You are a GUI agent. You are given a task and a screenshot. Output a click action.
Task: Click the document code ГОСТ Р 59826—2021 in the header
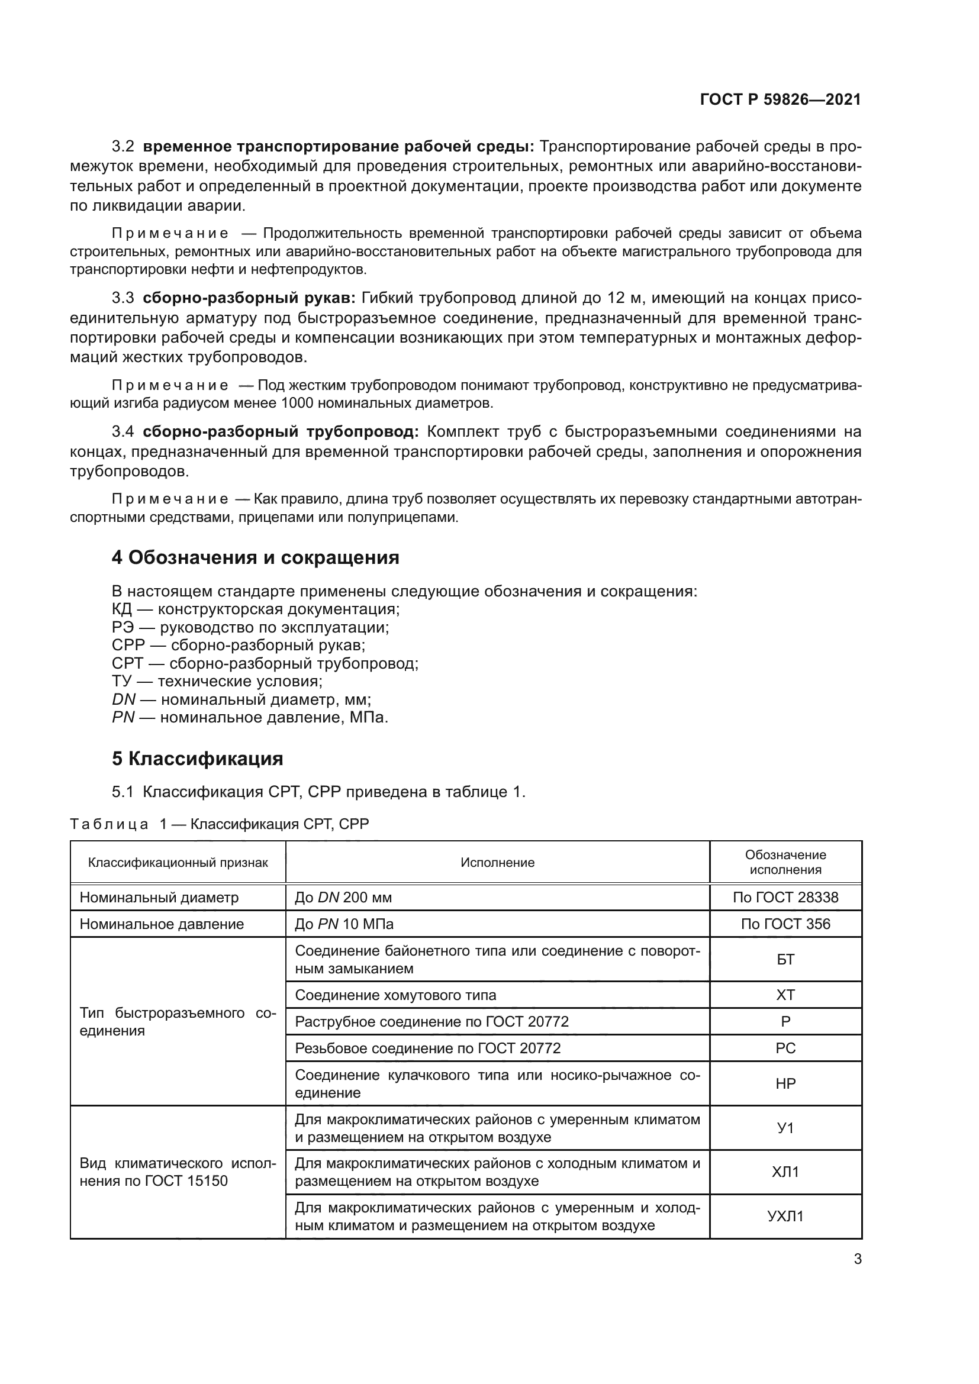pyautogui.click(x=780, y=100)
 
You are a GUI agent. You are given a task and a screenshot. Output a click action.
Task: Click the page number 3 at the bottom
pyautogui.click(x=857, y=1259)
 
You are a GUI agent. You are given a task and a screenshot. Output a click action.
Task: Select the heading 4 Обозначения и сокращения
pyautogui.click(x=255, y=557)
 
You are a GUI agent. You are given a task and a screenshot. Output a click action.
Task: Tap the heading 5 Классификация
pyautogui.click(x=197, y=759)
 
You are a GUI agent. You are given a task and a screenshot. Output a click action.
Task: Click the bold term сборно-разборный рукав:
pyautogui.click(x=249, y=298)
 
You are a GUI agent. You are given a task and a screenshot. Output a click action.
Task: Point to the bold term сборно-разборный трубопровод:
pyautogui.click(x=281, y=431)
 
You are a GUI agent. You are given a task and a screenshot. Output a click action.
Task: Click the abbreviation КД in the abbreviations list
pyautogui.click(x=121, y=609)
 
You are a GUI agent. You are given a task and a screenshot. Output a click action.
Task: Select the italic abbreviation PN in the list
pyautogui.click(x=123, y=717)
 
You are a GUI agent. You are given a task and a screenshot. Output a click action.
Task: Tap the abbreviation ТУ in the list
pyautogui.click(x=123, y=681)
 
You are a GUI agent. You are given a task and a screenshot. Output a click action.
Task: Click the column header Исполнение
pyautogui.click(x=497, y=863)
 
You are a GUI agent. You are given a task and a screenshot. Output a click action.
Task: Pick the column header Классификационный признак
pyautogui.click(x=178, y=863)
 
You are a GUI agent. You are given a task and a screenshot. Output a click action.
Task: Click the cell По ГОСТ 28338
pyautogui.click(x=785, y=897)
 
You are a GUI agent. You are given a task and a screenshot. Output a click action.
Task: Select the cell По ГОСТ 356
pyautogui.click(x=785, y=924)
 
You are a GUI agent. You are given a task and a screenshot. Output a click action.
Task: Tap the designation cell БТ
pyautogui.click(x=785, y=959)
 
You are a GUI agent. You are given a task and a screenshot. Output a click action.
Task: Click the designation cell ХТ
pyautogui.click(x=785, y=995)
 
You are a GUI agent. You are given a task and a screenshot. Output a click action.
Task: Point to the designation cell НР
pyautogui.click(x=785, y=1083)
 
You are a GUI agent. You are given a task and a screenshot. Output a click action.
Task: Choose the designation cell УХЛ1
pyautogui.click(x=785, y=1216)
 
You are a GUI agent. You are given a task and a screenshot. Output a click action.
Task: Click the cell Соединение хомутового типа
pyautogui.click(x=395, y=995)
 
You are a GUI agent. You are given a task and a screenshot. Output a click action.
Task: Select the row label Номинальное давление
pyautogui.click(x=162, y=924)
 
